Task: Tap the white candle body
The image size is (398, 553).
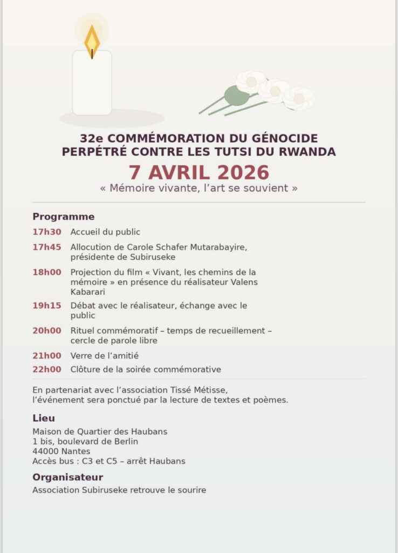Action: (x=92, y=84)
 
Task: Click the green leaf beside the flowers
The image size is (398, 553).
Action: (x=236, y=96)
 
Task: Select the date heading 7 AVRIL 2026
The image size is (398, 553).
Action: (x=198, y=172)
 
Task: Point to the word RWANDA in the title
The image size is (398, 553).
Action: (x=308, y=152)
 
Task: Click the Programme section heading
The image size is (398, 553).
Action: (x=63, y=217)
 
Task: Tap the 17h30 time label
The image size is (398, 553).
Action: (x=46, y=232)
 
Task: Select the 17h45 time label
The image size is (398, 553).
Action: (x=46, y=247)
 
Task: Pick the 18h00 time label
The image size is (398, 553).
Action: (x=46, y=272)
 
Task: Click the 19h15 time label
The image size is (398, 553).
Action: (x=46, y=306)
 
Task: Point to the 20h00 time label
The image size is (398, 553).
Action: (x=46, y=331)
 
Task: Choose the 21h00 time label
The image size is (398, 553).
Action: (x=46, y=355)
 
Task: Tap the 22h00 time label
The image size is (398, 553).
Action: (x=46, y=369)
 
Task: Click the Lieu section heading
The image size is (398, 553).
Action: (x=43, y=418)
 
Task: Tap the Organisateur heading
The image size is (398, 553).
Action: (x=67, y=477)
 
